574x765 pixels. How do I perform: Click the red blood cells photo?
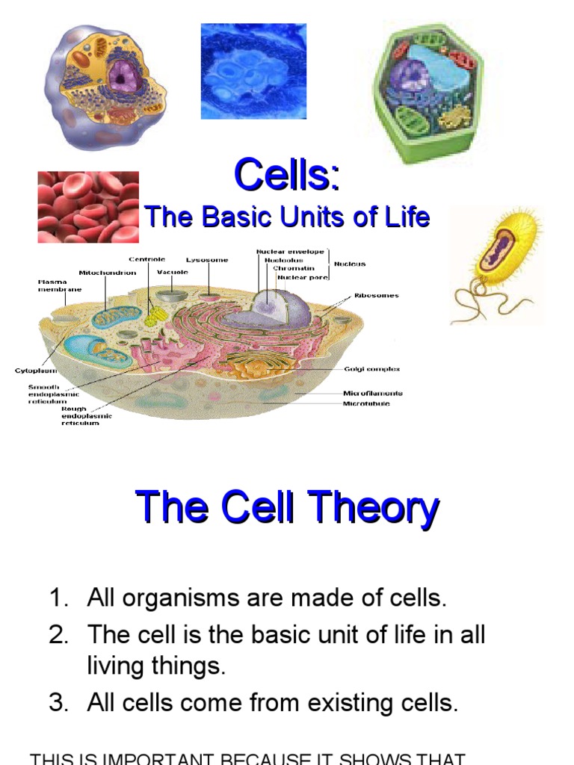pos(88,207)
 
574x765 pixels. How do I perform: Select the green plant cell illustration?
pos(428,90)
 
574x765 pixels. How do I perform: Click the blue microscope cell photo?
pos(253,72)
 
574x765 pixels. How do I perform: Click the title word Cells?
pos(287,176)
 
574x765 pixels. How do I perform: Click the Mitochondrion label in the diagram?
pos(108,273)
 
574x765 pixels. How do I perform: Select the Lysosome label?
pos(207,260)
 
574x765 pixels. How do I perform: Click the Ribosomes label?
pos(377,295)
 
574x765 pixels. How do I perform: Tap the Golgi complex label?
pos(371,369)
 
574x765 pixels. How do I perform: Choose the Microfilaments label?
pos(373,393)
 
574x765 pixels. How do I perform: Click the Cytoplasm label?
pos(37,371)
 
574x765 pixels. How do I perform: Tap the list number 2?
pos(58,635)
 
